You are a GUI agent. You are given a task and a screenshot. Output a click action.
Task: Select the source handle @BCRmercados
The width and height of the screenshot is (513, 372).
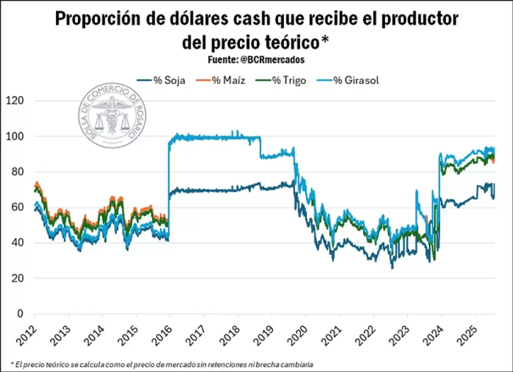pyautogui.click(x=276, y=59)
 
